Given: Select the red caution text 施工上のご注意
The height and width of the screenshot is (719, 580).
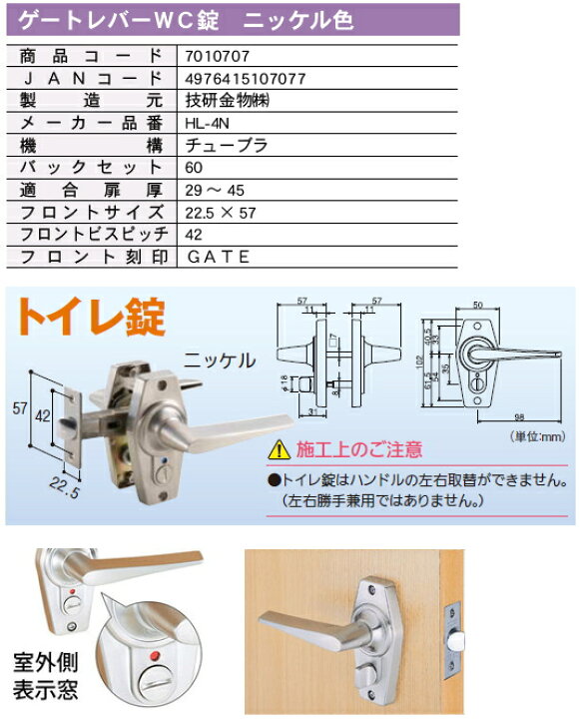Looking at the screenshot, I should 345,449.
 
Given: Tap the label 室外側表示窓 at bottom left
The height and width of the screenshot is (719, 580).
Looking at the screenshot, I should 45,677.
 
